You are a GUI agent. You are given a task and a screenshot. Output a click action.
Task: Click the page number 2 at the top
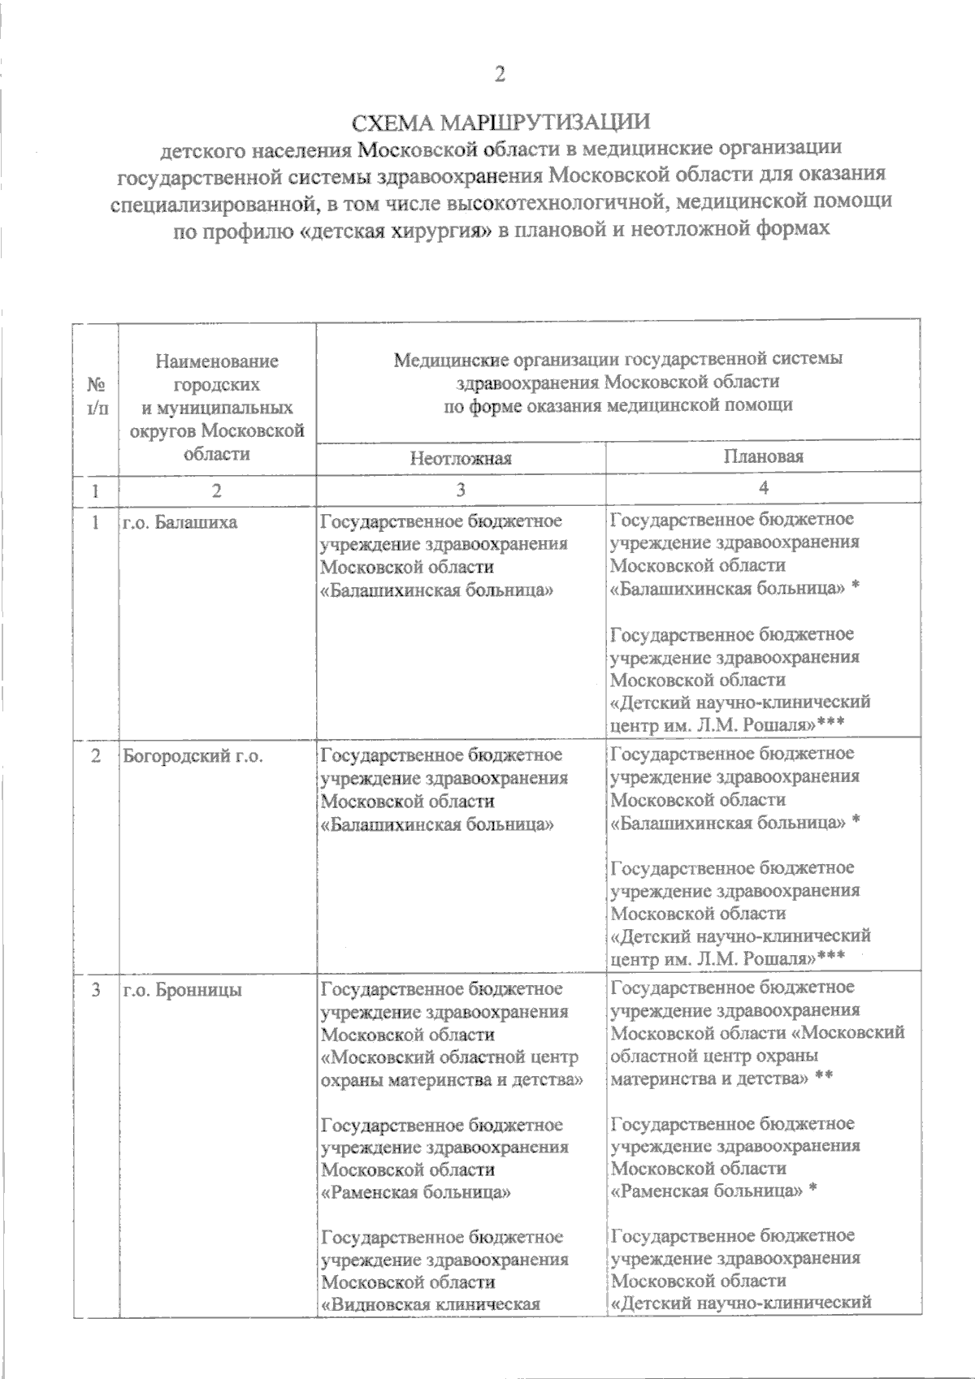(500, 75)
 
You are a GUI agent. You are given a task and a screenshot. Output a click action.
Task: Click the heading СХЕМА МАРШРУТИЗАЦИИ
(500, 123)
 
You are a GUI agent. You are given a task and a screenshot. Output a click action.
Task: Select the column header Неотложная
(461, 458)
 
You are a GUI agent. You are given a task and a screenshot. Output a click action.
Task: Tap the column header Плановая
(763, 456)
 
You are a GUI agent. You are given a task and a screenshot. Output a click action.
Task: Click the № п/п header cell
(96, 396)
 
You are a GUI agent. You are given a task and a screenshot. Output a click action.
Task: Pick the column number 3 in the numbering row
(461, 490)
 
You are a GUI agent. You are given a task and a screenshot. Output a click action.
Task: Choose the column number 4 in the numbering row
(763, 488)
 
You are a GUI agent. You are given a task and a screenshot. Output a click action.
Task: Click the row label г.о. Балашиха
(180, 522)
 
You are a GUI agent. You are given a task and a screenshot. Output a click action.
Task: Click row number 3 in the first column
(96, 990)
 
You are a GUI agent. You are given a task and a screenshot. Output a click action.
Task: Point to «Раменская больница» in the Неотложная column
(416, 1192)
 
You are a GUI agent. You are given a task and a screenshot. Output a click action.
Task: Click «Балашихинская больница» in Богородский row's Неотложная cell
(437, 824)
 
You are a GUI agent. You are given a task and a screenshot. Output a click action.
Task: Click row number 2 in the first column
(96, 755)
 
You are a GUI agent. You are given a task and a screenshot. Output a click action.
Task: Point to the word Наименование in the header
(217, 361)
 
